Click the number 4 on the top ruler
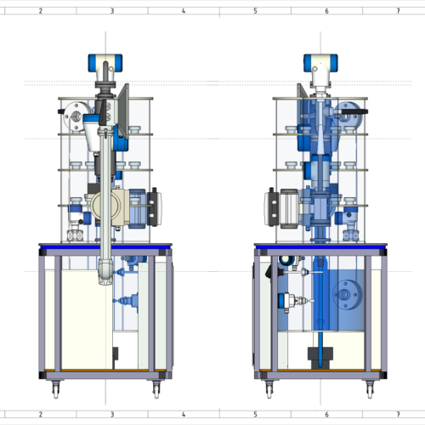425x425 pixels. click(x=184, y=11)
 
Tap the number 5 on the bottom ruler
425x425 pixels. click(x=255, y=415)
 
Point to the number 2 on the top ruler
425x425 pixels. click(x=41, y=11)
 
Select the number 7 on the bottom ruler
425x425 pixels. click(x=399, y=415)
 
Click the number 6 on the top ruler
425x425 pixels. click(x=326, y=11)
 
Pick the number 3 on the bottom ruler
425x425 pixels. click(x=112, y=415)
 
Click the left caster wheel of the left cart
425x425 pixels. click(x=56, y=389)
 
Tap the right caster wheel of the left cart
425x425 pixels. click(x=156, y=389)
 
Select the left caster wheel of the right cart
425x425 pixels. click(x=269, y=389)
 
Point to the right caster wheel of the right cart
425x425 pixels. click(x=370, y=389)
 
